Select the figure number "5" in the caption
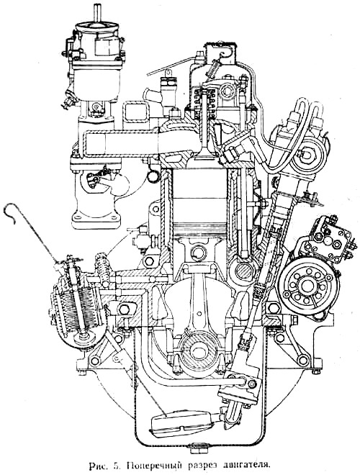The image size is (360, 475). [x=117, y=465]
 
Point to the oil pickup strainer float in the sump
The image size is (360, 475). [x=182, y=422]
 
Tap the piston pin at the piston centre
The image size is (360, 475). [x=199, y=253]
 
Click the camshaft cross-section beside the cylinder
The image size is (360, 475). [x=243, y=270]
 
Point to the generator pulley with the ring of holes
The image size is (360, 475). [x=308, y=285]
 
